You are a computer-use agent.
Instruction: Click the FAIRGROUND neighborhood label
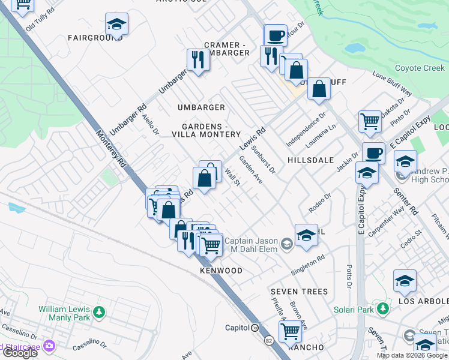pos(95,38)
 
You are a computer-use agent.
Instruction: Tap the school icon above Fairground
pos(116,24)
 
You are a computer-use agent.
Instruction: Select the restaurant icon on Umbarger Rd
pos(198,60)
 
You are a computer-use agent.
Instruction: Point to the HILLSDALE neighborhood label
pos(310,161)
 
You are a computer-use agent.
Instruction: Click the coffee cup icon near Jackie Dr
pos(373,153)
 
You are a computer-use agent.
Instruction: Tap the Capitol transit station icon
pos(255,328)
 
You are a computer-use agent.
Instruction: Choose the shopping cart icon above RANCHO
pos(290,330)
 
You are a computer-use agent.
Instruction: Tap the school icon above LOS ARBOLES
pos(405,281)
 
